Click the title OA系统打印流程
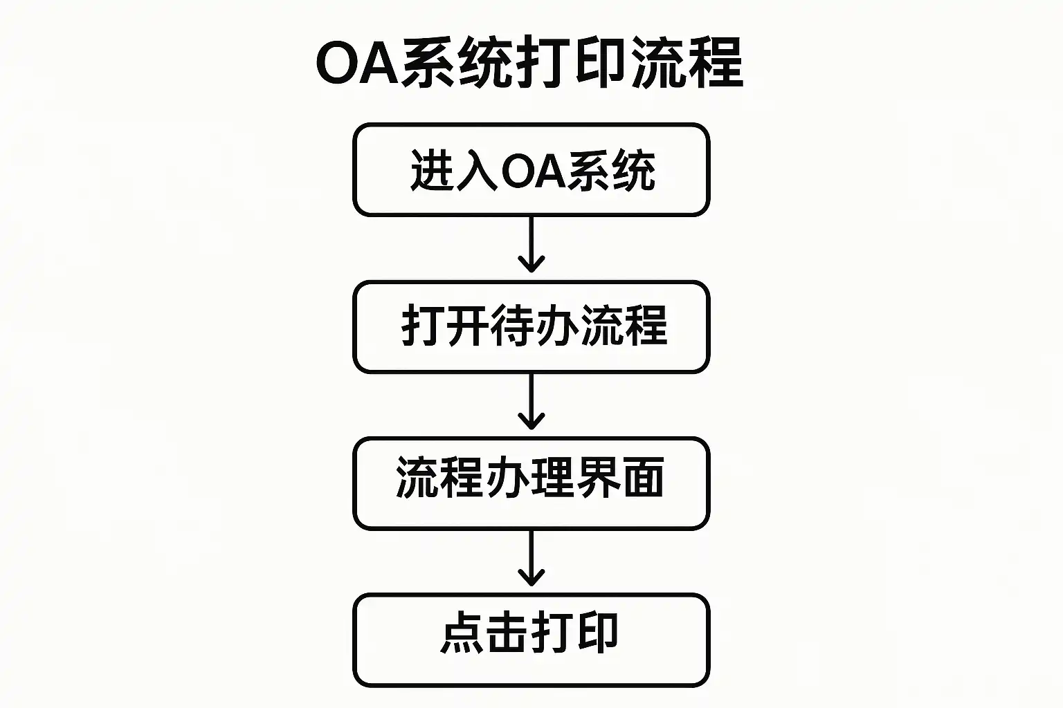point(529,64)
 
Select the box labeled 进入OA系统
point(531,170)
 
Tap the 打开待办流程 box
point(531,326)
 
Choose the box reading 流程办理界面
point(531,483)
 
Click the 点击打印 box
point(531,640)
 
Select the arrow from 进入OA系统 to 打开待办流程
point(531,245)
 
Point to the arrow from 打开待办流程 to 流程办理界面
point(531,402)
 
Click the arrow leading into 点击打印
point(531,559)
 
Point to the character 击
point(507,633)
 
